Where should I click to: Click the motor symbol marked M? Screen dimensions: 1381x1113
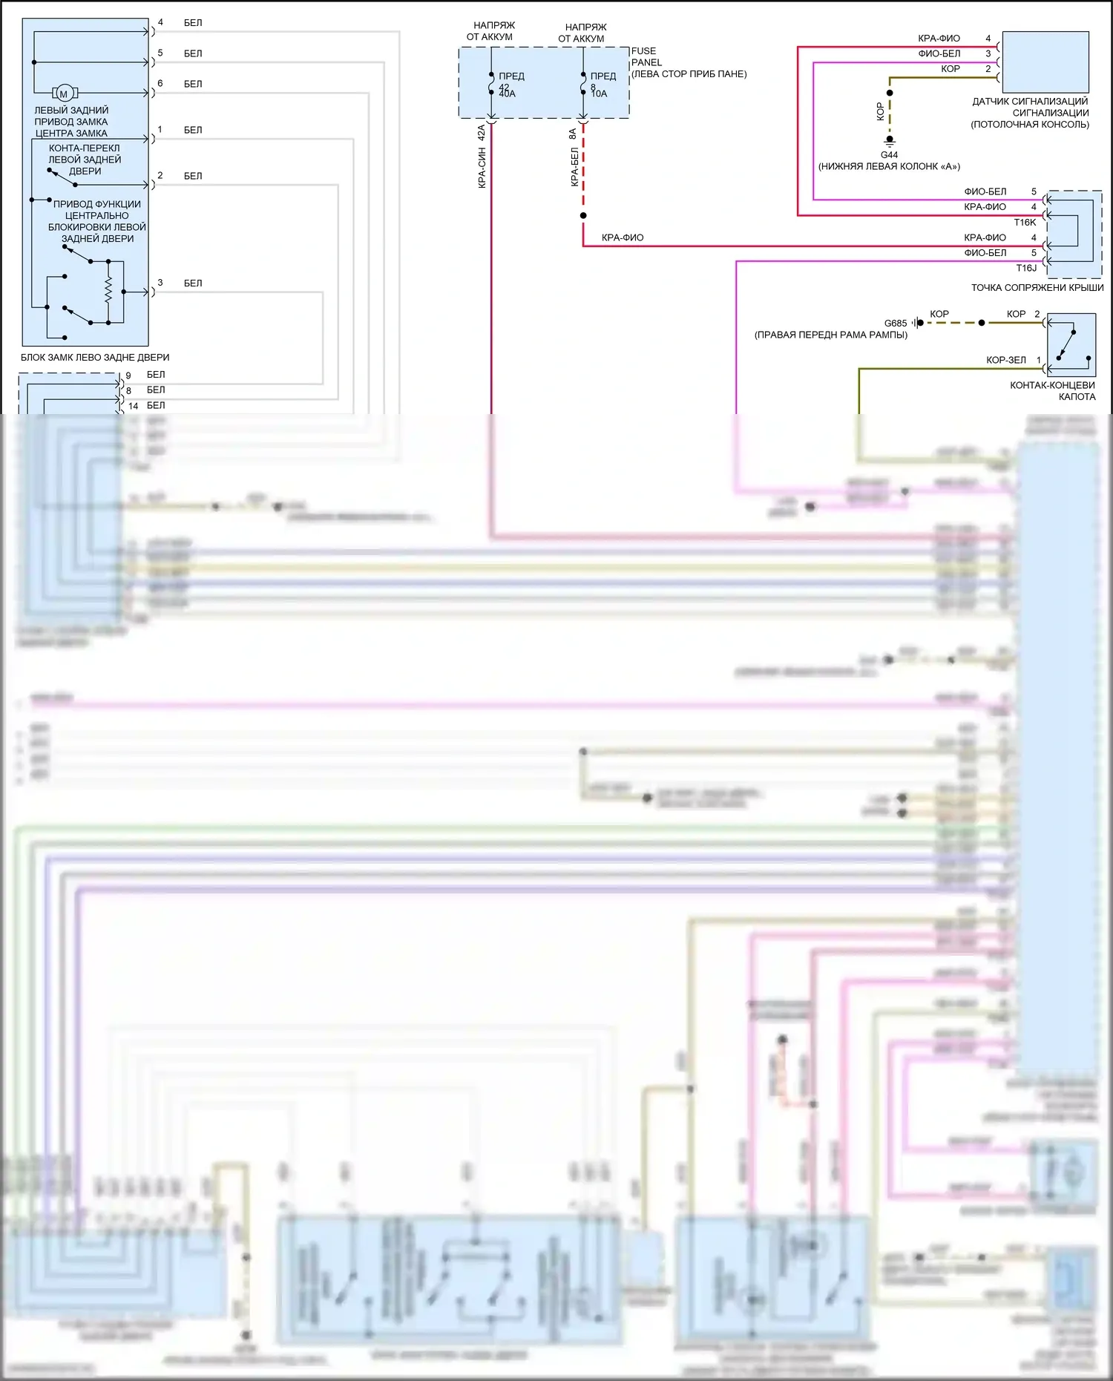point(63,94)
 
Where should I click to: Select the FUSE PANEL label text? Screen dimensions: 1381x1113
point(646,57)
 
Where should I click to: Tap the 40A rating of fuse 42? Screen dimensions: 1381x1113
point(507,94)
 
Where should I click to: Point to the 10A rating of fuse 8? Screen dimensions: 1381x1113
point(599,94)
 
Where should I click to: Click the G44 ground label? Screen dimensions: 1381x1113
point(889,155)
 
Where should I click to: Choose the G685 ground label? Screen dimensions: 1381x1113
point(895,324)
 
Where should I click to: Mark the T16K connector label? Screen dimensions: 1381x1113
point(1025,223)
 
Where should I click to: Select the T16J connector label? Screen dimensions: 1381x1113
point(1026,268)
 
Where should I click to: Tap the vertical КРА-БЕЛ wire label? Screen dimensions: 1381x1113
point(574,167)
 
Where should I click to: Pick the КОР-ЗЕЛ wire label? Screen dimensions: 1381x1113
point(1005,360)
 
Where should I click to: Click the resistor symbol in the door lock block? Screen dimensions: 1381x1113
point(108,289)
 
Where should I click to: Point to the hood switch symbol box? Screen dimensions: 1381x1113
point(1071,345)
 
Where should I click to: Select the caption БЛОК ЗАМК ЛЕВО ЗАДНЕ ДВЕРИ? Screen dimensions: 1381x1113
point(95,358)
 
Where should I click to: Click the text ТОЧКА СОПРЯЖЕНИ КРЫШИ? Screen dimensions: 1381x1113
point(1037,288)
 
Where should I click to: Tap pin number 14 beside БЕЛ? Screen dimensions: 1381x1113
point(134,406)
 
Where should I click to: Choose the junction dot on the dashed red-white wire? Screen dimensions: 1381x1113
point(583,216)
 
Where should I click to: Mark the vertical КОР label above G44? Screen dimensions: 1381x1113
point(880,111)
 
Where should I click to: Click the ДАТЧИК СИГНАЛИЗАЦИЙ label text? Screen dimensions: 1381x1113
point(1030,102)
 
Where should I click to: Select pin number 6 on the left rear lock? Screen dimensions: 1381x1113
point(160,83)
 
